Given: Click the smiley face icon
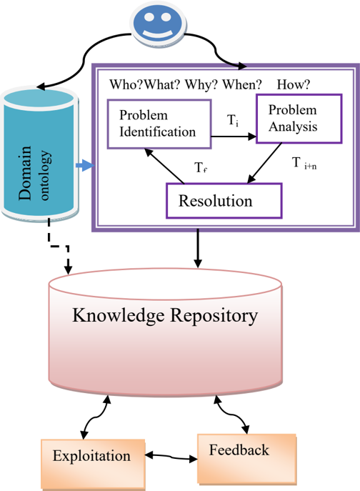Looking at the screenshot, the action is pyautogui.click(x=158, y=24).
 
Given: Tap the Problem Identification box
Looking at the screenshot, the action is pyautogui.click(x=159, y=124).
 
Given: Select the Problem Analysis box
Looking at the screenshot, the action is pyautogui.click(x=299, y=119).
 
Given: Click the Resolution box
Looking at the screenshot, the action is pyautogui.click(x=224, y=201).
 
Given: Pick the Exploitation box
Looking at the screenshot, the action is pyautogui.click(x=93, y=464).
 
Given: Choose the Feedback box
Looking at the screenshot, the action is pyautogui.click(x=246, y=459).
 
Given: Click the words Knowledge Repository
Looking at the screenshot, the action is pyautogui.click(x=165, y=315).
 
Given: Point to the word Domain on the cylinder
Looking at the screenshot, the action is pyautogui.click(x=25, y=173).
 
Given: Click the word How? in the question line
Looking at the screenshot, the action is pyautogui.click(x=294, y=84).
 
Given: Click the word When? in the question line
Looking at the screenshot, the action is pyautogui.click(x=242, y=84).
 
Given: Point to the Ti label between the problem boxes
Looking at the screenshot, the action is pyautogui.click(x=233, y=120).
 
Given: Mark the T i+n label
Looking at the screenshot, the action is pyautogui.click(x=304, y=163).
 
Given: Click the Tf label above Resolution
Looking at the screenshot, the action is pyautogui.click(x=201, y=167).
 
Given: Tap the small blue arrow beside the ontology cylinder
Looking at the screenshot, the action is pyautogui.click(x=85, y=165).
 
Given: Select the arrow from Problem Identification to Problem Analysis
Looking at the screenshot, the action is pyautogui.click(x=234, y=137).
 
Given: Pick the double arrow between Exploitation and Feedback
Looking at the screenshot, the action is pyautogui.click(x=171, y=457).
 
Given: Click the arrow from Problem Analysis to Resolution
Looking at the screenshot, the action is pyautogui.click(x=264, y=163).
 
